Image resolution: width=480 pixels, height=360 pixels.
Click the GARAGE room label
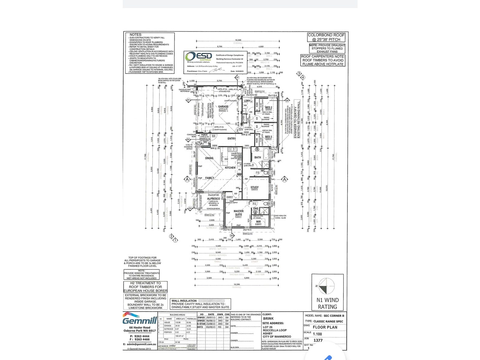point(223,106)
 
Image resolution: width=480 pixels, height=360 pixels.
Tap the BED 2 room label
point(268,107)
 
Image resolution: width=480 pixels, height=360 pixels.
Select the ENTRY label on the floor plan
point(231,139)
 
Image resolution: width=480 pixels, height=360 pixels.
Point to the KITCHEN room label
point(230,168)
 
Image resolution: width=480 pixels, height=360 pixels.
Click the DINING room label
point(209,158)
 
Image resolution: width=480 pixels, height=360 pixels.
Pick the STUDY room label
point(254,187)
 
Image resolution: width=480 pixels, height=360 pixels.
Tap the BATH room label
point(258,157)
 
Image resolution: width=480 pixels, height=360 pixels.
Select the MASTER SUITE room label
point(238,213)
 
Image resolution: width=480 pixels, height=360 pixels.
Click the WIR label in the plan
point(258,222)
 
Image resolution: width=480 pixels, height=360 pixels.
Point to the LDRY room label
point(247,101)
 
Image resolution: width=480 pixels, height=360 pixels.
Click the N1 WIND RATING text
point(327,303)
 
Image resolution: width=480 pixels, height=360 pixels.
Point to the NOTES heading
point(136,35)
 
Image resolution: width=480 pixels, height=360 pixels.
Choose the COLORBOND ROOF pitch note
point(326,37)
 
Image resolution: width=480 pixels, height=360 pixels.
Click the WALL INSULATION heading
point(184,301)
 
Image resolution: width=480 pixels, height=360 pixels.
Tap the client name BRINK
point(268,319)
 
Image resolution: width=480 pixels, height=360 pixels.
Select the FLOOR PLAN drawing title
point(325,327)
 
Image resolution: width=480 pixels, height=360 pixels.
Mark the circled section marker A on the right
point(284,179)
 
